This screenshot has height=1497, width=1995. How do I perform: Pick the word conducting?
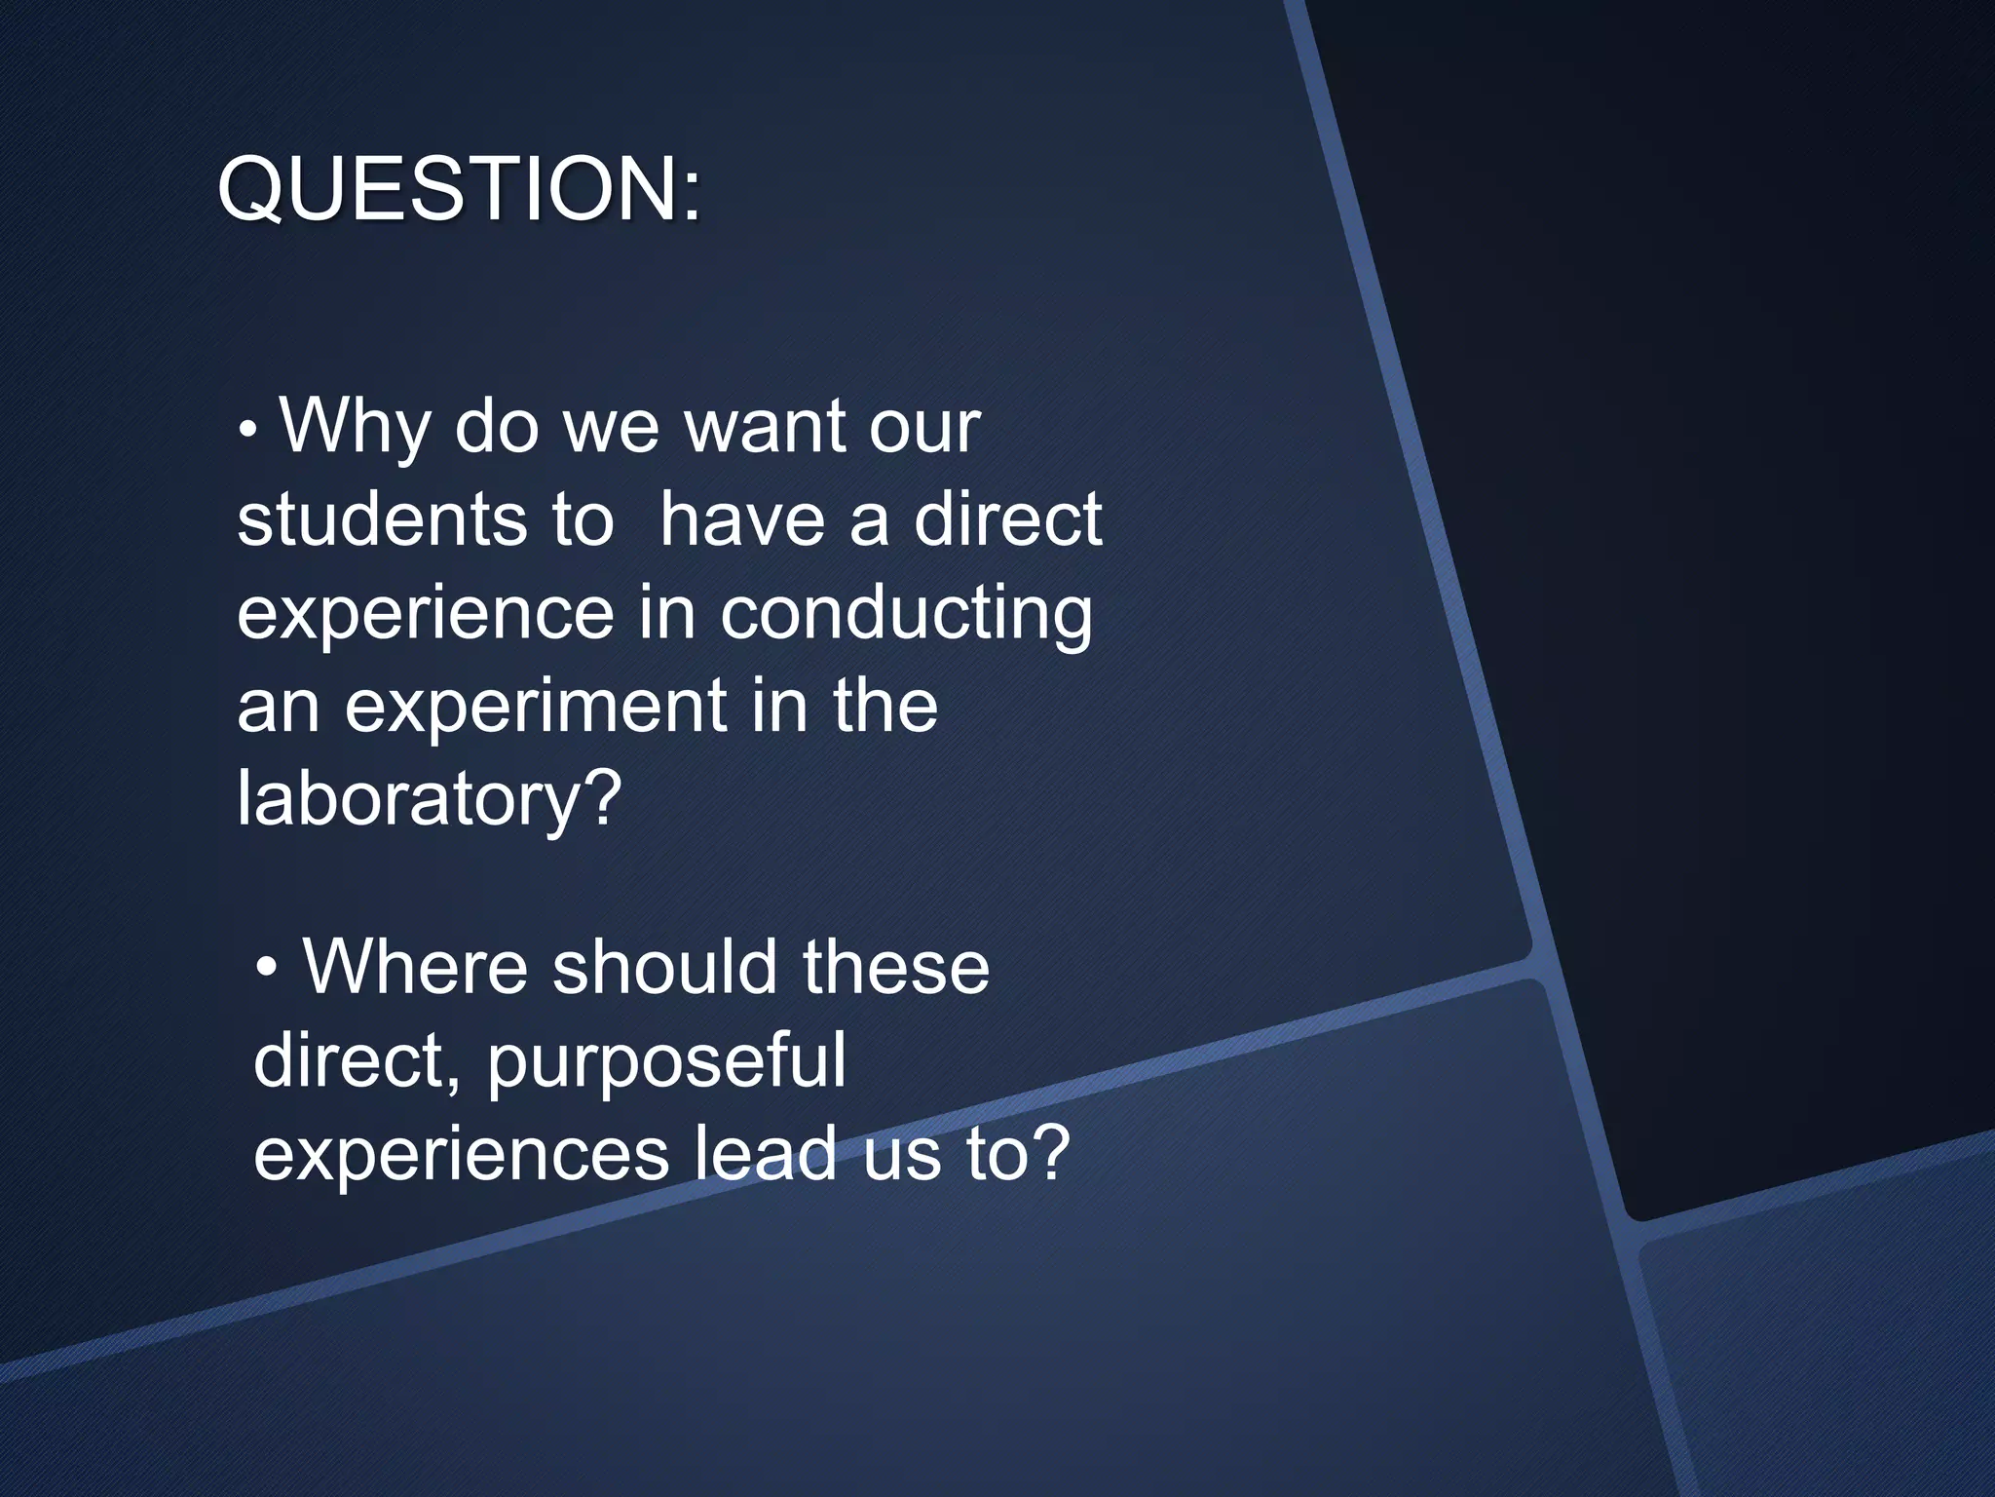tap(906, 614)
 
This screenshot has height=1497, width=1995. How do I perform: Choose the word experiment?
tap(535, 706)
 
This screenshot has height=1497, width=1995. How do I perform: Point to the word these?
tap(896, 967)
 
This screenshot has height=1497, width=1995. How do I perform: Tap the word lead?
tap(766, 1153)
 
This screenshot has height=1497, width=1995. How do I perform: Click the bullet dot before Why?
tap(248, 429)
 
